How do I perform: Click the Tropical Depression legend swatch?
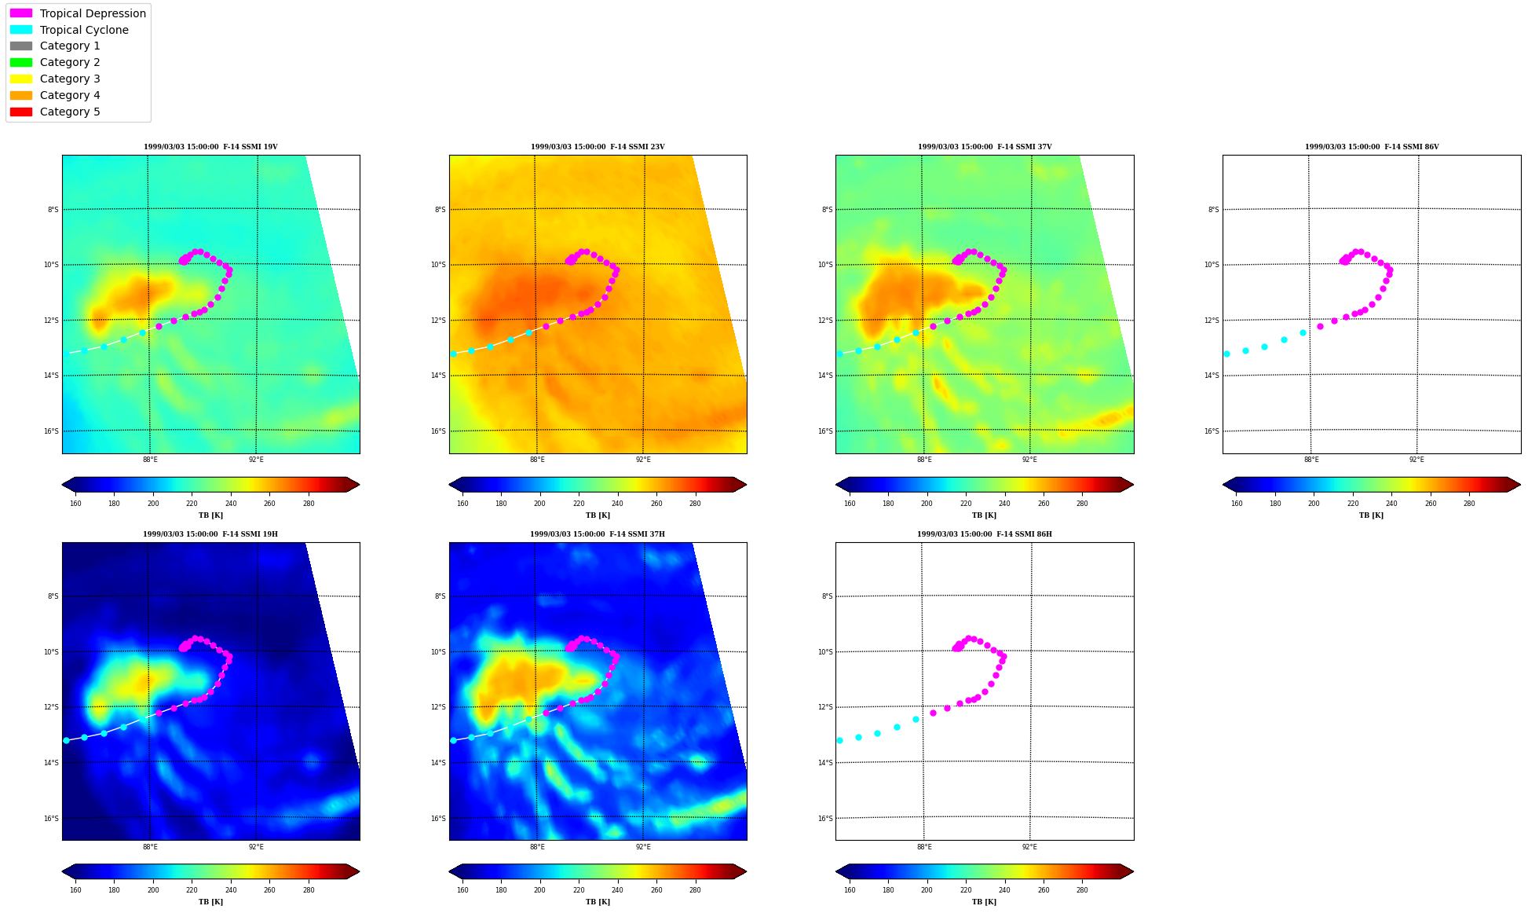coord(21,13)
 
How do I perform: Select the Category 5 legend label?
coord(70,112)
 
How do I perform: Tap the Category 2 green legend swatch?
coord(21,62)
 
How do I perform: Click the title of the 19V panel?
coord(210,147)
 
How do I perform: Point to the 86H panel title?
coord(985,534)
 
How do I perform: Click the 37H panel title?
coord(598,534)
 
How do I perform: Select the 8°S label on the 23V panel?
coord(440,210)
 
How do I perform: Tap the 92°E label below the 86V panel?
coord(1417,460)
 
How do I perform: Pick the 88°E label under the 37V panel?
coord(924,460)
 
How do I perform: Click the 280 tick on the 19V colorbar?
coord(309,504)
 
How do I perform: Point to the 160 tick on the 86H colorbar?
coord(850,890)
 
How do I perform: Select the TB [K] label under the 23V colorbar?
coord(598,515)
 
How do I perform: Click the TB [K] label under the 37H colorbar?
coord(598,902)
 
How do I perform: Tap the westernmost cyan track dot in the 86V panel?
coord(1226,354)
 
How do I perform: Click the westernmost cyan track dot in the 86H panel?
coord(839,740)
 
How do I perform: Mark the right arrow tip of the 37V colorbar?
coord(1133,485)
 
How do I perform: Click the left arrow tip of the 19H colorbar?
coord(62,871)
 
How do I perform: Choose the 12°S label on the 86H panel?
coord(825,707)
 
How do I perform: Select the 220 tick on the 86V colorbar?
coord(1353,504)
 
